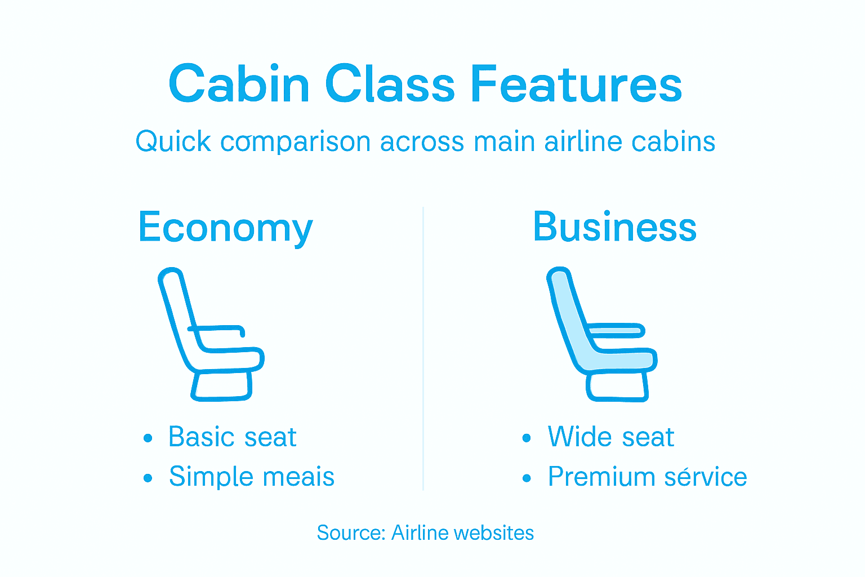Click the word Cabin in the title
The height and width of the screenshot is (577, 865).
click(239, 85)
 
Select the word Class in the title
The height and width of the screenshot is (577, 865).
click(390, 85)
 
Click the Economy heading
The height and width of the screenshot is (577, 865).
click(225, 228)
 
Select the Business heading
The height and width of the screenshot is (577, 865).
click(614, 227)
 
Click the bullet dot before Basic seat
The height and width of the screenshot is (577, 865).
click(148, 438)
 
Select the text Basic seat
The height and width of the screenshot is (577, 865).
click(232, 437)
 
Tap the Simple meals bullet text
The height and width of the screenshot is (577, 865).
click(252, 477)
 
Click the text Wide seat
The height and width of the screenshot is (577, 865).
click(610, 437)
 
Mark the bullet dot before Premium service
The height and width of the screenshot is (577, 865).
click(527, 478)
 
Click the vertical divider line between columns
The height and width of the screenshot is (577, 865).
click(423, 349)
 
